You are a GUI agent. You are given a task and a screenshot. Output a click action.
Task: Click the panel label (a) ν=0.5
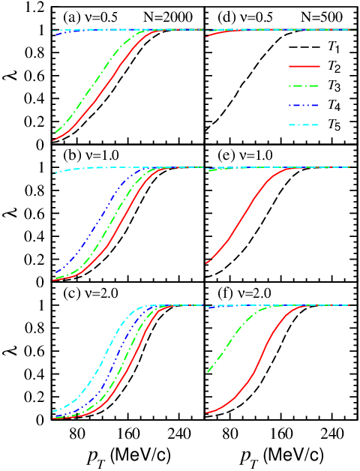(90, 18)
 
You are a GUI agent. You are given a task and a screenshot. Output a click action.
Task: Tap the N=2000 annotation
(168, 18)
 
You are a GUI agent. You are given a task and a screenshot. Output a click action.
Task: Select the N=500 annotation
(322, 18)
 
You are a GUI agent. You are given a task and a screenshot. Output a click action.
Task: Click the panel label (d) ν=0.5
(245, 18)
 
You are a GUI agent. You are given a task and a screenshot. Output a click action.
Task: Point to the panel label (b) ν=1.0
(91, 155)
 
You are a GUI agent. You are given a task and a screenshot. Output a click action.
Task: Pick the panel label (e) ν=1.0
(245, 155)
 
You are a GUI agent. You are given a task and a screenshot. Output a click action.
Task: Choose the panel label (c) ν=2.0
(90, 292)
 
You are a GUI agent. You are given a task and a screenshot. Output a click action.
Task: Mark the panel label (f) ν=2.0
(244, 292)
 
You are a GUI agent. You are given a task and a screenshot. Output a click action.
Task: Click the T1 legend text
(334, 47)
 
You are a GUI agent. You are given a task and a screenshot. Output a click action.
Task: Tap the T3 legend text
(334, 86)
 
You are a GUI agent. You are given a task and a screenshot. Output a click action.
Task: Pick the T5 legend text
(334, 125)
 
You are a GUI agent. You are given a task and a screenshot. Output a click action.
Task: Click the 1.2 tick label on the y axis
(34, 7)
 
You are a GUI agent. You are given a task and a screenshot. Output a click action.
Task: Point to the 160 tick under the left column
(127, 434)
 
